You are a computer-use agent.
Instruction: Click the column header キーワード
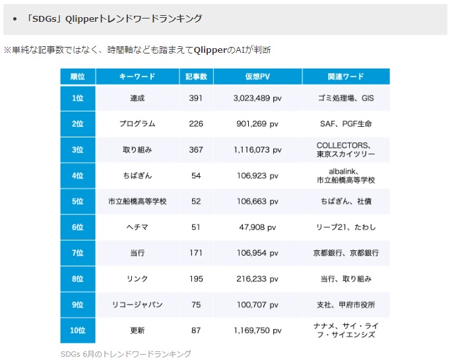pos(137,77)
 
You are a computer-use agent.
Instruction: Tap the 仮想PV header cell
pos(257,77)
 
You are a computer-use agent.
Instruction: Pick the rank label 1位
pos(77,98)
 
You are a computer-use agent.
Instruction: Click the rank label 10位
pos(77,330)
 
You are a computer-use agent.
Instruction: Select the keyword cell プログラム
pos(137,124)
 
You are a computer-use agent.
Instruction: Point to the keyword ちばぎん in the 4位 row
pos(137,176)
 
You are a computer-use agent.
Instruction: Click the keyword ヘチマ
pos(137,227)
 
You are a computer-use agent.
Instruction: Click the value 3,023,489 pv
pos(257,98)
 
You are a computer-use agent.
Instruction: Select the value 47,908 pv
pos(257,227)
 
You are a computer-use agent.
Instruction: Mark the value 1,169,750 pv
pos(257,330)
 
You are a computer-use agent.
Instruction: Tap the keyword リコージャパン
pos(137,305)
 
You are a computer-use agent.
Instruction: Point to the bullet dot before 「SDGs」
pos(15,18)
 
